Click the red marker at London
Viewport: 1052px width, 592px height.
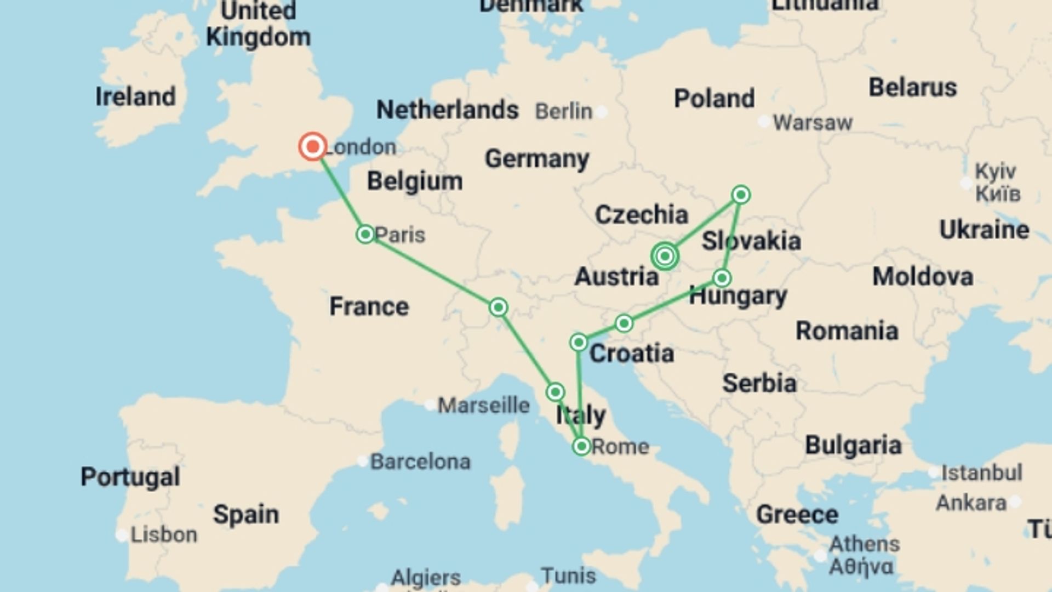point(313,146)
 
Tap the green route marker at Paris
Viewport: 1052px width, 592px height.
point(365,235)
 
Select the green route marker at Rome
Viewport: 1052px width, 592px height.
point(581,446)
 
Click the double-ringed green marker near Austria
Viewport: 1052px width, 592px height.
point(665,256)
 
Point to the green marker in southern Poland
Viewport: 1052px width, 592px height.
point(741,195)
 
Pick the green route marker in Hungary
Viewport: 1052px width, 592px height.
point(722,278)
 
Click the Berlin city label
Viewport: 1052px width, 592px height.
point(564,112)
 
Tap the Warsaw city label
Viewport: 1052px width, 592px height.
point(813,123)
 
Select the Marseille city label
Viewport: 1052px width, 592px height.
point(484,406)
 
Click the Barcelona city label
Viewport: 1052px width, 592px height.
point(420,462)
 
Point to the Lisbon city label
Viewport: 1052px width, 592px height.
point(164,534)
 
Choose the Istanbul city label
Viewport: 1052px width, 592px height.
point(981,473)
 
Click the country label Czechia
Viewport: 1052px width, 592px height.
point(642,215)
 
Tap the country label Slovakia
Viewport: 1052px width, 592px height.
point(751,241)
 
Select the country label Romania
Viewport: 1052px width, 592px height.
point(847,331)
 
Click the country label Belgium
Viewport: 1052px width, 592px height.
point(415,181)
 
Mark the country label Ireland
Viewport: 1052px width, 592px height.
point(136,97)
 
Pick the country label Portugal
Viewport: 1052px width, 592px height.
point(130,477)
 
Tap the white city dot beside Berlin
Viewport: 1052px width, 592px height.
point(602,112)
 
